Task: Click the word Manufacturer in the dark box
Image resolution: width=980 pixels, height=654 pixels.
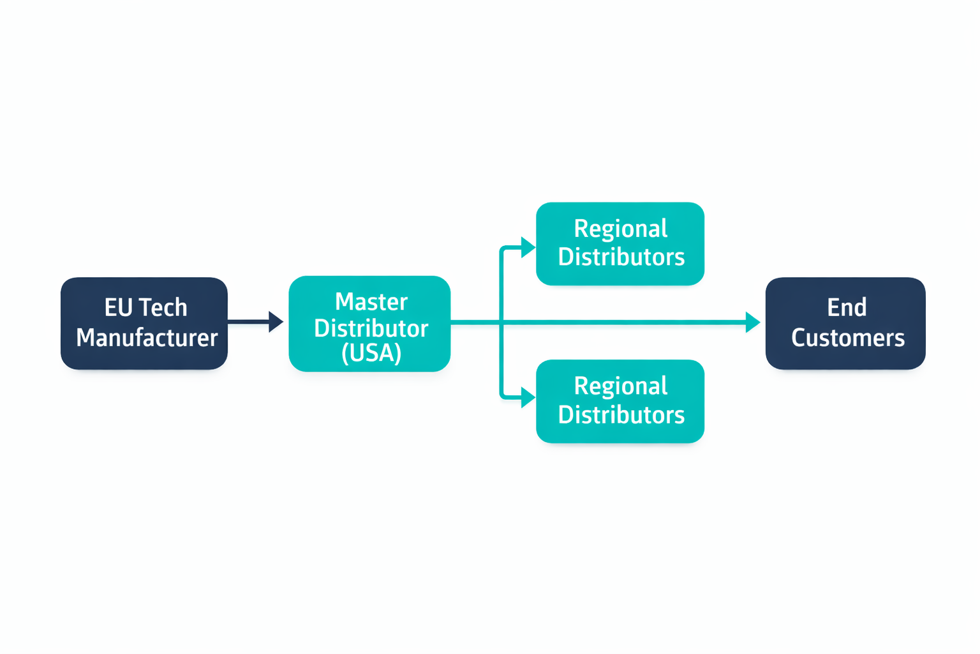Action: pos(147,338)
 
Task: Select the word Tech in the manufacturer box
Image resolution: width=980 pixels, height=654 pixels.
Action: pos(163,308)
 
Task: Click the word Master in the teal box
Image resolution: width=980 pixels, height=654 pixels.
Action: pos(371,301)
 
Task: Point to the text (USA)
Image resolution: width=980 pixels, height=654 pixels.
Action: pos(371,353)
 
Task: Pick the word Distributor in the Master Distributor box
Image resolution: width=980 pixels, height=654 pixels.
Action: pos(371,328)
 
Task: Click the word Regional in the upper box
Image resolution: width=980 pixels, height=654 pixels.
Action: pos(620,229)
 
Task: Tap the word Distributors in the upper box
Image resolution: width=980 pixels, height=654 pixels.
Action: pos(621,257)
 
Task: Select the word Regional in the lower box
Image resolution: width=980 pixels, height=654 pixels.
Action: pos(620,386)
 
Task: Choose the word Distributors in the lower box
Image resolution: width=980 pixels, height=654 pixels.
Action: pos(621,414)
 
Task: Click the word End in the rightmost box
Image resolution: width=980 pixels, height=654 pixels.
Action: pos(847,308)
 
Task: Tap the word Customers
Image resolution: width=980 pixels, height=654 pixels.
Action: pos(847,338)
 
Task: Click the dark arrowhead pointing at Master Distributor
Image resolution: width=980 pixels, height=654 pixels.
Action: pos(276,322)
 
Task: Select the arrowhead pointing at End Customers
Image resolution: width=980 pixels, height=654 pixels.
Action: pos(752,323)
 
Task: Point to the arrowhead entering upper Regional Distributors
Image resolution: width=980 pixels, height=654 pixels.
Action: pos(528,247)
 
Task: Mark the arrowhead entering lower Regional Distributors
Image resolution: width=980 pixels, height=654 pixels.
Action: pos(528,397)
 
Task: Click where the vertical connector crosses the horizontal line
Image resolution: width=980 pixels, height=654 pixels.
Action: pos(502,323)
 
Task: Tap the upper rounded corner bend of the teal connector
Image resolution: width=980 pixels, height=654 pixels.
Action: pos(503,249)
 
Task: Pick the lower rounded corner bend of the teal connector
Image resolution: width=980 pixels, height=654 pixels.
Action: pos(503,396)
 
